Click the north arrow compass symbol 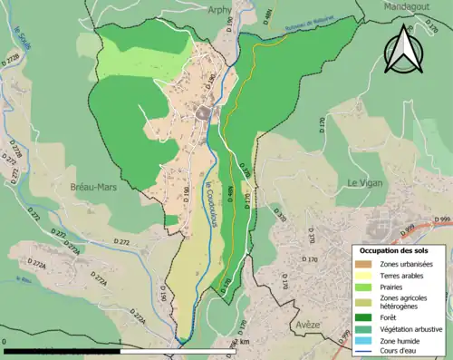pyautogui.click(x=401, y=49)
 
